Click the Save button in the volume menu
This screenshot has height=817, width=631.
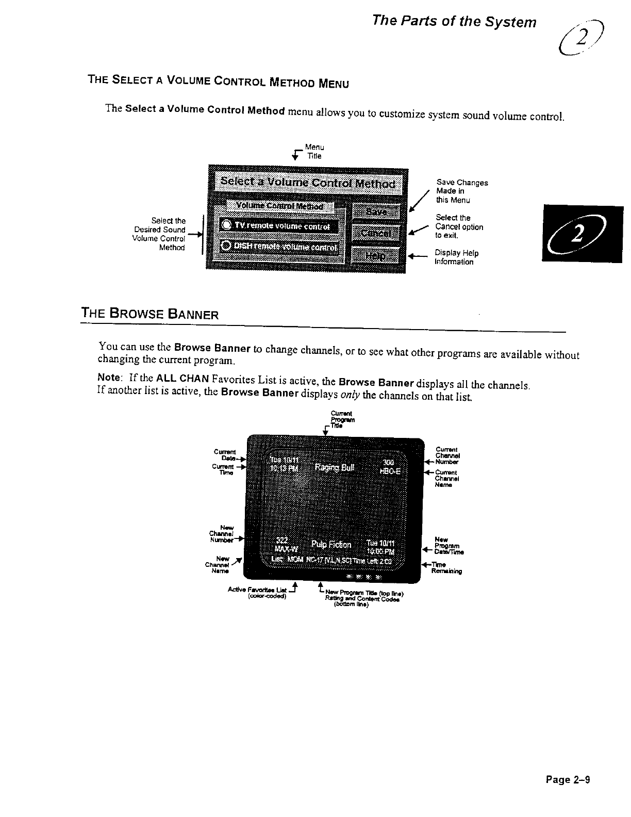(x=376, y=212)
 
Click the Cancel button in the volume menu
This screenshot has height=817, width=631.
(x=376, y=234)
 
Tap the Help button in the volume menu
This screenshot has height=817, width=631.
(x=376, y=256)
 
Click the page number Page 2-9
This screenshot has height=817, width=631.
(x=568, y=779)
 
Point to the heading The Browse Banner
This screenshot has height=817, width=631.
(x=150, y=314)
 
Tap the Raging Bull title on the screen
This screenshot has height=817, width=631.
(x=335, y=468)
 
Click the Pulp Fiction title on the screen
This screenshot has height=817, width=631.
(x=331, y=545)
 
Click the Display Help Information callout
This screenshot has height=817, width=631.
(x=456, y=257)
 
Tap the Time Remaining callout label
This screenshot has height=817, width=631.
(x=446, y=568)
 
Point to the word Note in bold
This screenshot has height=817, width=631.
(x=109, y=377)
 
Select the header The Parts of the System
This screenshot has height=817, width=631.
(x=454, y=22)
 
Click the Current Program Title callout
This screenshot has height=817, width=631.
(x=341, y=419)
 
